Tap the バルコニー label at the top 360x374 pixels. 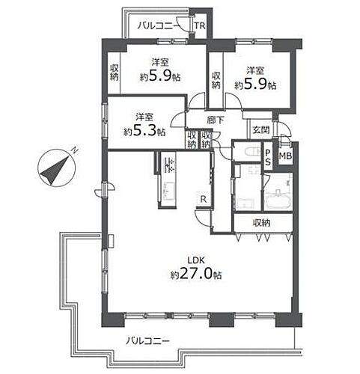pos(156,26)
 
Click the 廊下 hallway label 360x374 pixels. pos(216,118)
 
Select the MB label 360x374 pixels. pos(285,156)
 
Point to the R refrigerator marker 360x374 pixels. pos(203,198)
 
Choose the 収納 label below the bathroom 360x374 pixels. pos(260,222)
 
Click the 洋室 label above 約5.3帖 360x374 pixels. pos(144,117)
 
